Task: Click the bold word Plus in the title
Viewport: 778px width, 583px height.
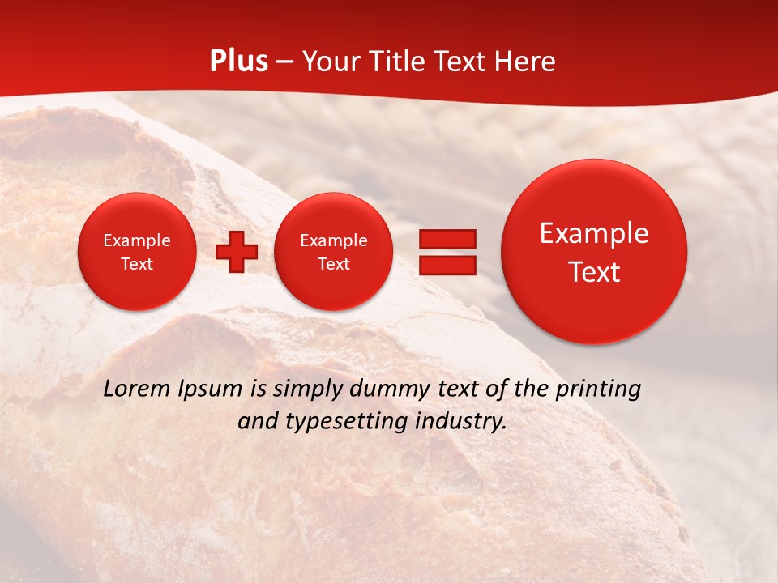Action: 238,62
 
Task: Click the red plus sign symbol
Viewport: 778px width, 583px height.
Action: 237,252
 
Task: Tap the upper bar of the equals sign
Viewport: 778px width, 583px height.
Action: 447,239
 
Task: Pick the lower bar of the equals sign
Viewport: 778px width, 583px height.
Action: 447,266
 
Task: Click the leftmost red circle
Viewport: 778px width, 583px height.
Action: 137,252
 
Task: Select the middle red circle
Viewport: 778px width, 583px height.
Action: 334,252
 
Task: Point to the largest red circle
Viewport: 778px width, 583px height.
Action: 594,252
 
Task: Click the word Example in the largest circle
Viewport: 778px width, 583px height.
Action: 594,233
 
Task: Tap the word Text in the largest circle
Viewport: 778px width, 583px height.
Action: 594,272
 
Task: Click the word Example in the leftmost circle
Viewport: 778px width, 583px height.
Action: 137,240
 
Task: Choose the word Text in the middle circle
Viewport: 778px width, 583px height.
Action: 334,264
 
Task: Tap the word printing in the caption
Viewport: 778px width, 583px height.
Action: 599,389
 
